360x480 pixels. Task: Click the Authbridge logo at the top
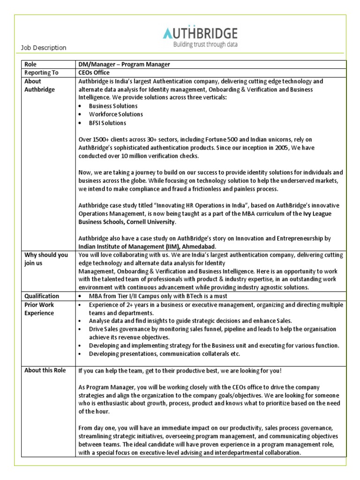point(200,33)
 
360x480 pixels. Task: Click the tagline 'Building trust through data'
point(205,45)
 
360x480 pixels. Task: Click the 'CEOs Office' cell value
point(94,73)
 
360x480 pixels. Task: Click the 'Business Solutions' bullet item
point(113,106)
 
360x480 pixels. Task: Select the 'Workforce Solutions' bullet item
point(116,114)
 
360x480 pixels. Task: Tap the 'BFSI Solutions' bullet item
point(107,123)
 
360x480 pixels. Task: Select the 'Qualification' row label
point(42,296)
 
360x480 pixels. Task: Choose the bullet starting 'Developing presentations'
point(164,354)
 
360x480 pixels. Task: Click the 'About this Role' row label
point(45,370)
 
